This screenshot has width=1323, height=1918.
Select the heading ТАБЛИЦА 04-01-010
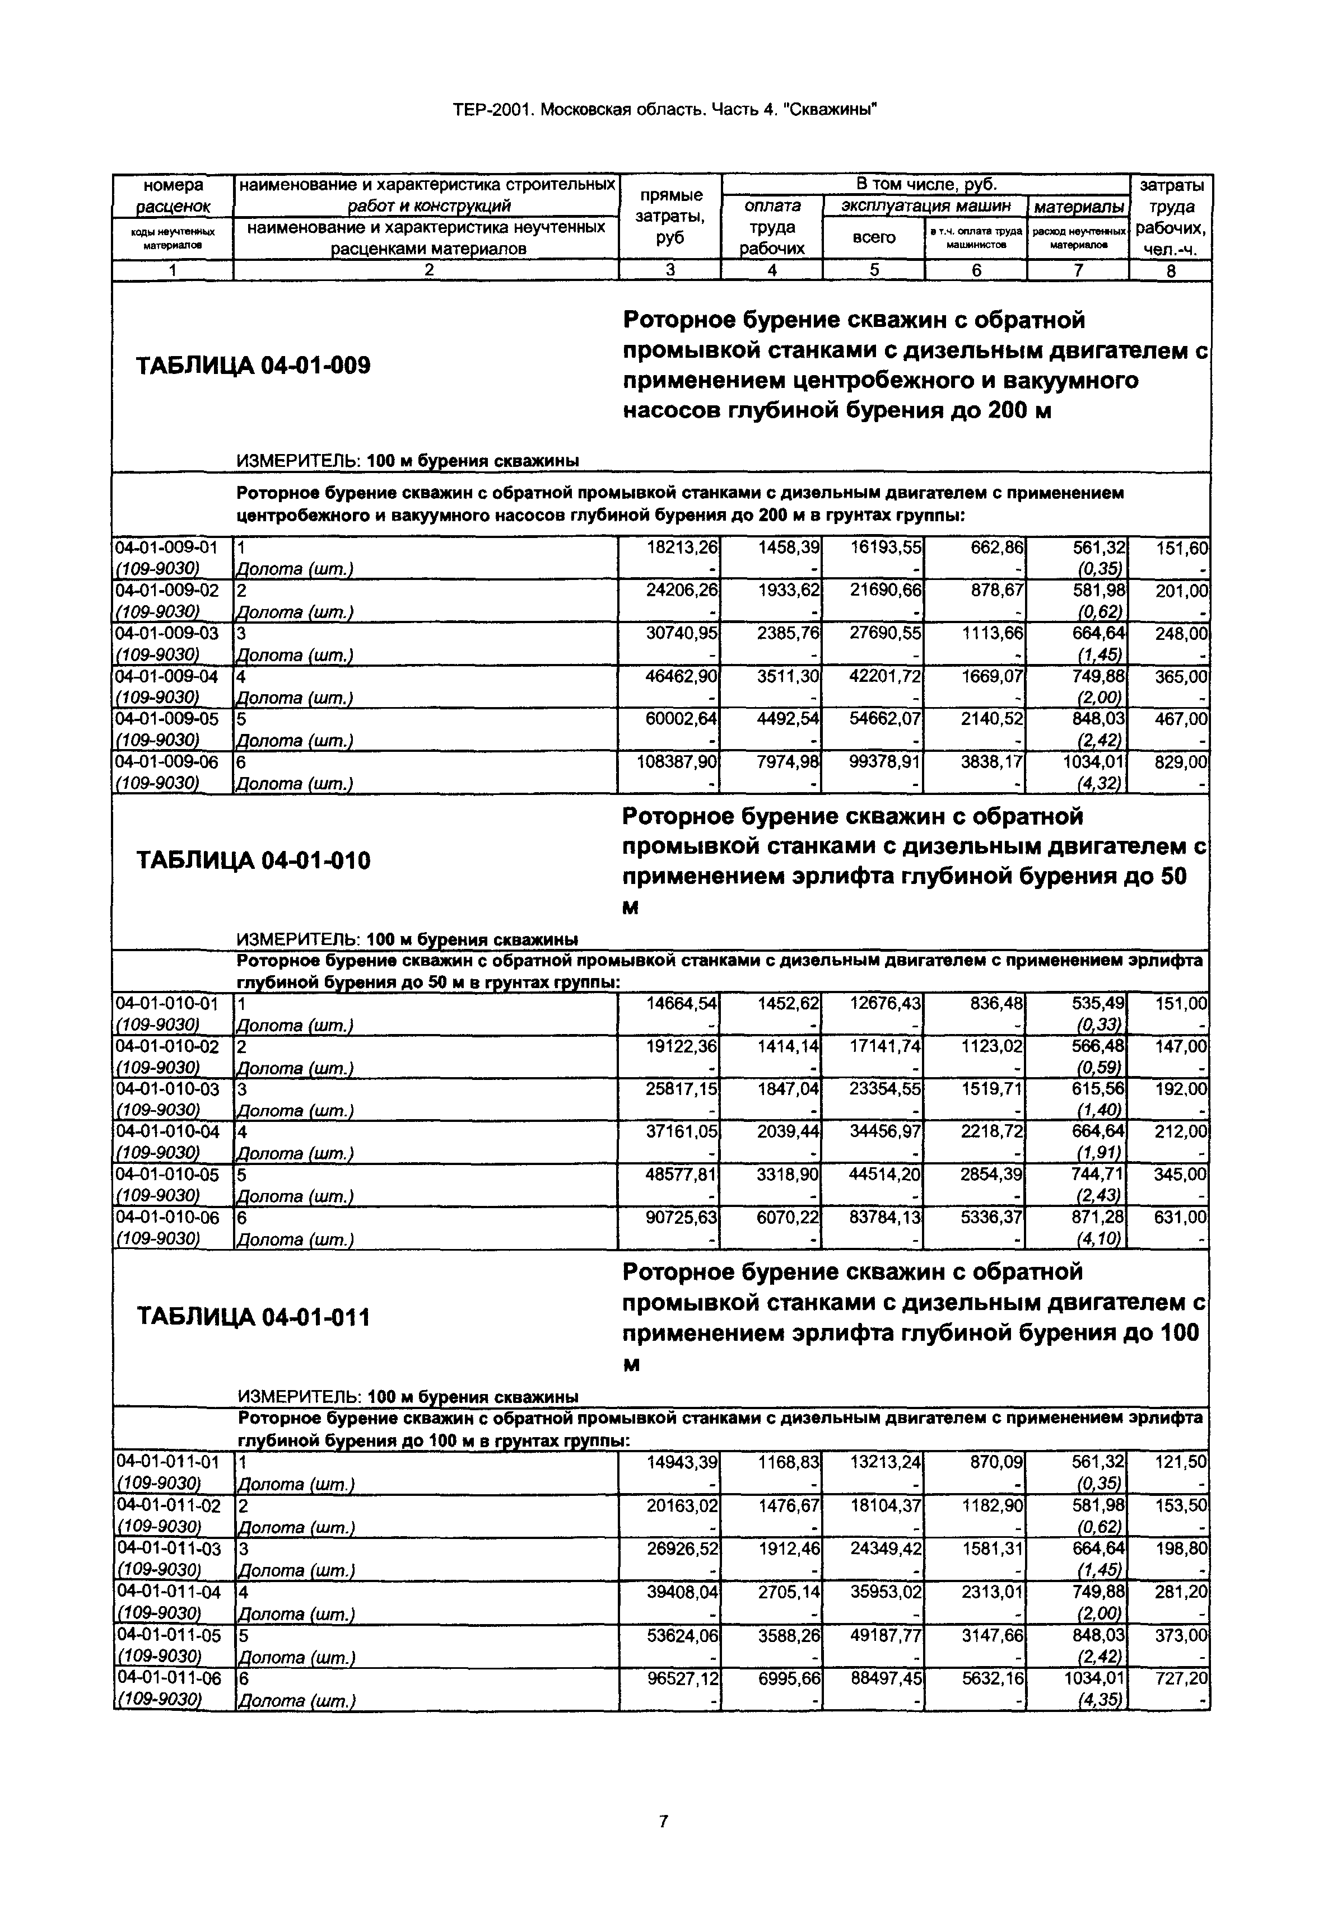(253, 861)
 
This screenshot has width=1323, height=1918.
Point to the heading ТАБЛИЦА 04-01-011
(253, 1317)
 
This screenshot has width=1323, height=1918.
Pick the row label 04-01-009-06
(166, 761)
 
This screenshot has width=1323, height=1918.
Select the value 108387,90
(679, 761)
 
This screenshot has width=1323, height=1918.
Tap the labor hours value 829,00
(1181, 761)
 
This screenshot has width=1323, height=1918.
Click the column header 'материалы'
(1078, 205)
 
